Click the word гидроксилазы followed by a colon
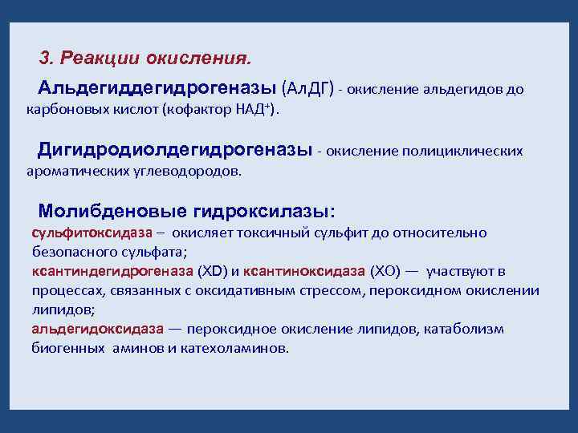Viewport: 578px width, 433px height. coord(267,211)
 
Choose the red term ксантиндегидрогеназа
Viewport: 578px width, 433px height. coord(112,271)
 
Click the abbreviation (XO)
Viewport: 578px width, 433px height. coord(389,271)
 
